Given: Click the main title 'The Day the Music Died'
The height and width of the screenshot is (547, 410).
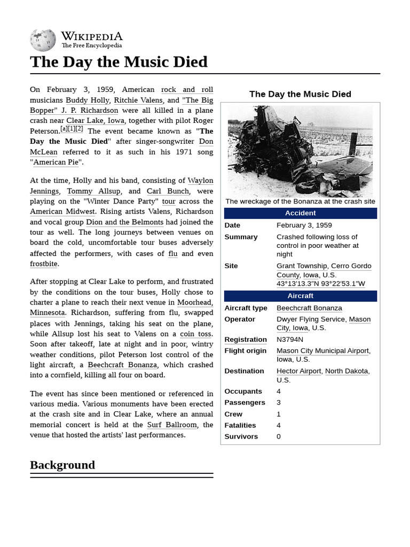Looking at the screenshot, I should pos(119,62).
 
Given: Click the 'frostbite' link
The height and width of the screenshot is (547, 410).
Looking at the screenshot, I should pos(44,264).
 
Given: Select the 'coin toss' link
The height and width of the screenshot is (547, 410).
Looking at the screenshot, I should pos(195,334).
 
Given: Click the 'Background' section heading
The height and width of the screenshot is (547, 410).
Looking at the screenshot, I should pos(62,465).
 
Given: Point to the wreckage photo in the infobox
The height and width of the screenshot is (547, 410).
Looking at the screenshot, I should pos(300,151).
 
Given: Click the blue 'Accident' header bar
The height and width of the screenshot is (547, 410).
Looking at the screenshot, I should pos(301,213).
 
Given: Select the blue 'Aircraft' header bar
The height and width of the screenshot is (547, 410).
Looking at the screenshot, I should pos(301,296).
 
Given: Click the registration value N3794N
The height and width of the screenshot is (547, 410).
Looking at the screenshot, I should pos(290,339).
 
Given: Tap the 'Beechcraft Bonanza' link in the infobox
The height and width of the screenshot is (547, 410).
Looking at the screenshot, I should pos(309,308).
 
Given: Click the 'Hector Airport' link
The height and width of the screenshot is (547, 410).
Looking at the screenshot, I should pos(298,371).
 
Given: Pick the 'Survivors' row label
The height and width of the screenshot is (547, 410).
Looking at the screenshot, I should pos(241,436).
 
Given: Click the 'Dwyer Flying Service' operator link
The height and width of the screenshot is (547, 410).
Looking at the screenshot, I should pos(311,319).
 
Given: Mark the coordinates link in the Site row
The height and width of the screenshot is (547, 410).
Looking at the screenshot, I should pos(320,284).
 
